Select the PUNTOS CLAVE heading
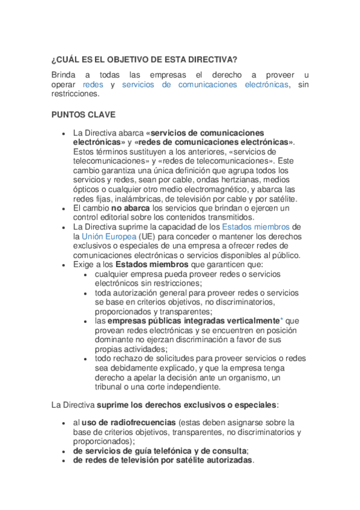84,114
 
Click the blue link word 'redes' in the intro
93,85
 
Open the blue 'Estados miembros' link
256,227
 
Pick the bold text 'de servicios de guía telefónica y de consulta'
160,451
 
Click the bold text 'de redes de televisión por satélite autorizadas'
163,461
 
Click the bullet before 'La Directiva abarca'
64,133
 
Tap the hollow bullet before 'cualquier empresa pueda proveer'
87,274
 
